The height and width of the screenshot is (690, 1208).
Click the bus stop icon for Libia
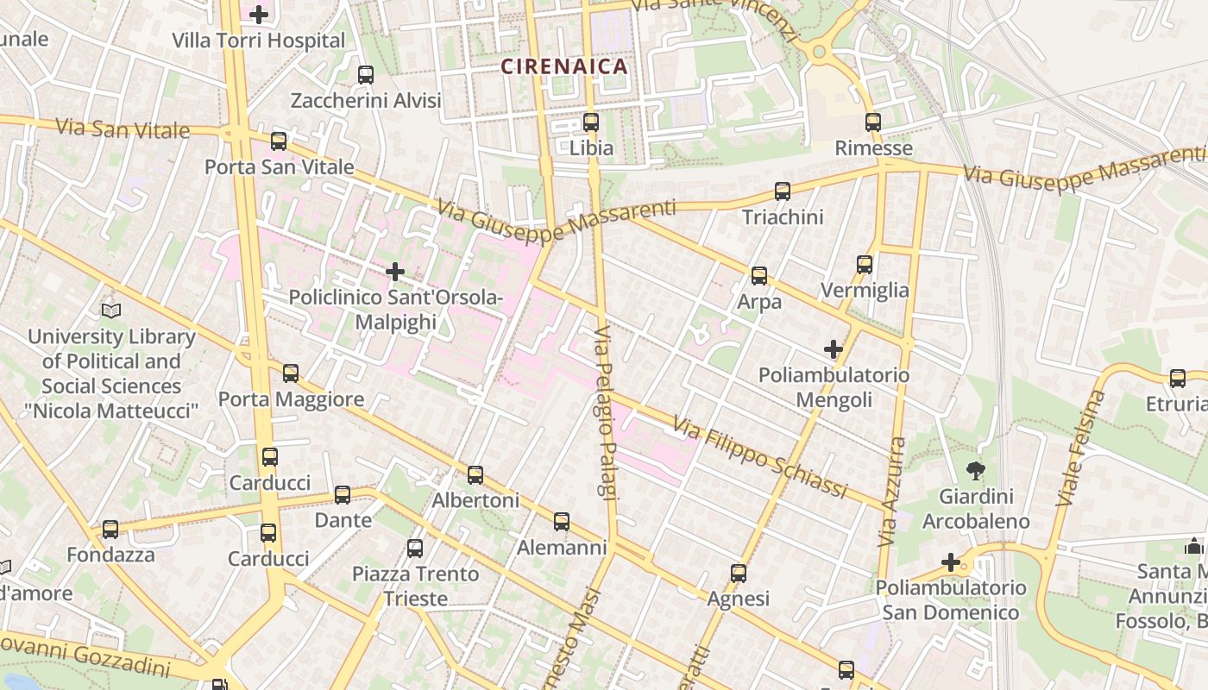(x=591, y=122)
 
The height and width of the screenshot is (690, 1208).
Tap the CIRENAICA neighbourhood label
(x=564, y=66)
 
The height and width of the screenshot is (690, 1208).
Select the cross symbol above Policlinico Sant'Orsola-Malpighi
(x=395, y=273)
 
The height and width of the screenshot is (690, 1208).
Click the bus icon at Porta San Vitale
(x=279, y=141)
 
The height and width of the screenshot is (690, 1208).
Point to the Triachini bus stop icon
(x=783, y=191)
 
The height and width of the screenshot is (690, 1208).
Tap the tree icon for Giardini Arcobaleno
(x=976, y=471)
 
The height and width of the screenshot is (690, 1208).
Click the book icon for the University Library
(x=111, y=310)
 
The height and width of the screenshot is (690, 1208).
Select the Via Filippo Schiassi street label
(x=760, y=458)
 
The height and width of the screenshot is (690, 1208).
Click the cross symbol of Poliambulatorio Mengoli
(x=834, y=349)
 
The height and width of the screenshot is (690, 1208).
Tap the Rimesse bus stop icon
(x=873, y=122)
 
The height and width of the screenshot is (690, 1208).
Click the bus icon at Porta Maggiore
(x=291, y=373)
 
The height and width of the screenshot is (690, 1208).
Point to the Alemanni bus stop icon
(x=562, y=522)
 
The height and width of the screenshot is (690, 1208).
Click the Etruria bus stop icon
(x=1178, y=378)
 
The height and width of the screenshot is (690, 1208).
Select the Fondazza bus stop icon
(x=110, y=530)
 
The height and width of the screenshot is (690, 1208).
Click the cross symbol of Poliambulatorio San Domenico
(x=951, y=563)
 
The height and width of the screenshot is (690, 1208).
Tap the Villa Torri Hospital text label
(x=258, y=41)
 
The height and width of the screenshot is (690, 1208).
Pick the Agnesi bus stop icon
(x=739, y=574)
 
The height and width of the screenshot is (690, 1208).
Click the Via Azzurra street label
(x=892, y=492)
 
